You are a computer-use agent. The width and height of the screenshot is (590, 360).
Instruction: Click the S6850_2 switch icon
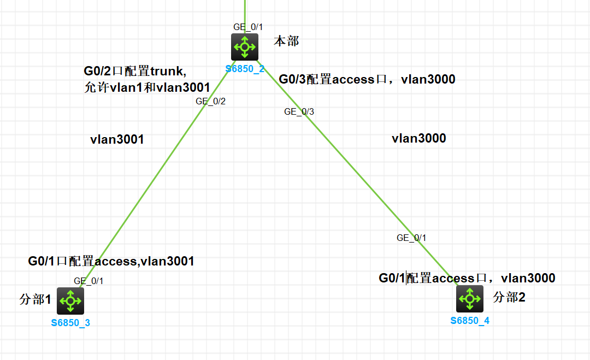pos(244,47)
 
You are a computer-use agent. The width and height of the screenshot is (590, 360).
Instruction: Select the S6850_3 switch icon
pos(70,299)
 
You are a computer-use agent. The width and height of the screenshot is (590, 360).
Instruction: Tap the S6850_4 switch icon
pos(470,298)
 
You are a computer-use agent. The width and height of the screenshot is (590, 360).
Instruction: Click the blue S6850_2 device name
pos(245,69)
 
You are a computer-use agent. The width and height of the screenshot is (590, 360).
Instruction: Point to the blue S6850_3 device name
pos(70,322)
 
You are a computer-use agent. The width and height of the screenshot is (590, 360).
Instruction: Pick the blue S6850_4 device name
pos(470,321)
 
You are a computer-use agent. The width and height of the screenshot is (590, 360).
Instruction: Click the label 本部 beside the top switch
pos(286,42)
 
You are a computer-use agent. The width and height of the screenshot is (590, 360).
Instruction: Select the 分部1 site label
pos(35,299)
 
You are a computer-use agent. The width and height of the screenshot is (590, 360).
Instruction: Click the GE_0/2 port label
pos(210,101)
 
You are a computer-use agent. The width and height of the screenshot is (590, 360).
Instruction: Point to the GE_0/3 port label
pos(299,112)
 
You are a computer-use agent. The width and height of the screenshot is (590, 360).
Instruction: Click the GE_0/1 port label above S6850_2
pos(248,27)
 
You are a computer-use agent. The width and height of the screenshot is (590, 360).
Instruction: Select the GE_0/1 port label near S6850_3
pos(88,281)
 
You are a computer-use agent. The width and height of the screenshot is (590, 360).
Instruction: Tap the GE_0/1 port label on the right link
pos(411,238)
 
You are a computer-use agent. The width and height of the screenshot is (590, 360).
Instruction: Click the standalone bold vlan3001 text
pos(117,140)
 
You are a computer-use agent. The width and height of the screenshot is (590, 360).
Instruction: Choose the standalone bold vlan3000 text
pos(418,139)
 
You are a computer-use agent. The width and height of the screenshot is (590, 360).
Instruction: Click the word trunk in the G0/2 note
pos(168,71)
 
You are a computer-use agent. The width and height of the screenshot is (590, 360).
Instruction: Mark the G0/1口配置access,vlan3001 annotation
pos(111,262)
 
